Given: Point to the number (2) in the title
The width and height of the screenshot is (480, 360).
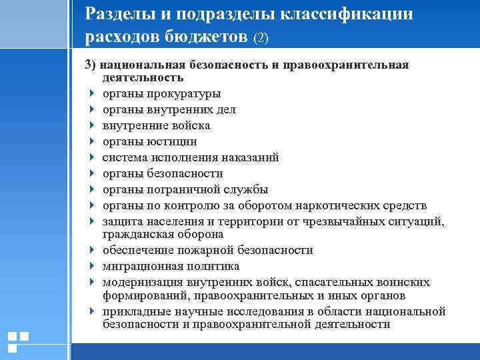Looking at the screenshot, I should [x=260, y=39].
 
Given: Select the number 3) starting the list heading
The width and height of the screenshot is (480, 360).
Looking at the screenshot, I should [x=91, y=65].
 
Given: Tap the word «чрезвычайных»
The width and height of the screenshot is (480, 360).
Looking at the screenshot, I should [x=344, y=221].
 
